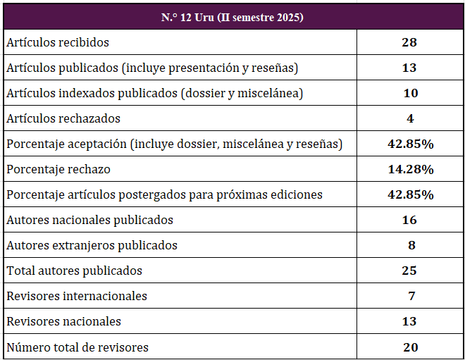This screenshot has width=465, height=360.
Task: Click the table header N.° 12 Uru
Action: pyautogui.click(x=232, y=17)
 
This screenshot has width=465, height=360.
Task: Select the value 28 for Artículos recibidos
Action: pyautogui.click(x=410, y=42)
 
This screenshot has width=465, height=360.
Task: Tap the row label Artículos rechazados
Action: pyautogui.click(x=63, y=118)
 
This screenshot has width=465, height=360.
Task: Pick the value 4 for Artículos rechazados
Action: pyautogui.click(x=410, y=118)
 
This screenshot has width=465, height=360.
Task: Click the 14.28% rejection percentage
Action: pyautogui.click(x=410, y=169)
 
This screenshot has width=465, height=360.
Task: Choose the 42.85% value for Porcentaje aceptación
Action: pyautogui.click(x=410, y=144)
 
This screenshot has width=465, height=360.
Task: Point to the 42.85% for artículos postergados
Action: pyautogui.click(x=410, y=194)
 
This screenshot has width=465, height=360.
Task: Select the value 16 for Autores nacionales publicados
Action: pyautogui.click(x=410, y=220)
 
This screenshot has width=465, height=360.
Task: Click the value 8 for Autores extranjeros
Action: pyautogui.click(x=410, y=245)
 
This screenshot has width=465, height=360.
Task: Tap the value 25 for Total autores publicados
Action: pyautogui.click(x=410, y=271)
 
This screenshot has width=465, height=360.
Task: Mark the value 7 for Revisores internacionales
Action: pyautogui.click(x=410, y=296)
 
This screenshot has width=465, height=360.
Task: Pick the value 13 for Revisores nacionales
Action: pyautogui.click(x=410, y=321)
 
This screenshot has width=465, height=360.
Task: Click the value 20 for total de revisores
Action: pyautogui.click(x=410, y=347)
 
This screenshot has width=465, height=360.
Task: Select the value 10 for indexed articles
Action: pyautogui.click(x=410, y=93)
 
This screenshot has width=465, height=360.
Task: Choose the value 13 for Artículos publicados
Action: pyautogui.click(x=410, y=68)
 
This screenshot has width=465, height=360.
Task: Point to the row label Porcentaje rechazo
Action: pyautogui.click(x=58, y=169)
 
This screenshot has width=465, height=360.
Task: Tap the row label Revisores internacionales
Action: pyautogui.click(x=77, y=296)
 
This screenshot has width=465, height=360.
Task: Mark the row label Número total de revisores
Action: pyautogui.click(x=77, y=347)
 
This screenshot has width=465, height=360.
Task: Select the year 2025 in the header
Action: pyautogui.click(x=289, y=17)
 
